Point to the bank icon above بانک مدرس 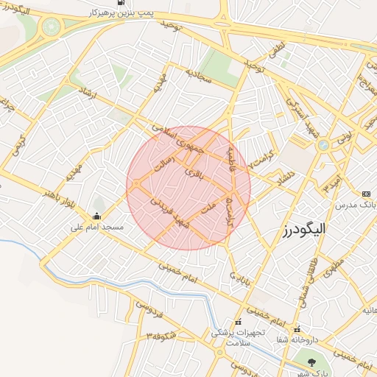click(367, 194)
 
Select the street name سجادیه click(197, 75)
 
